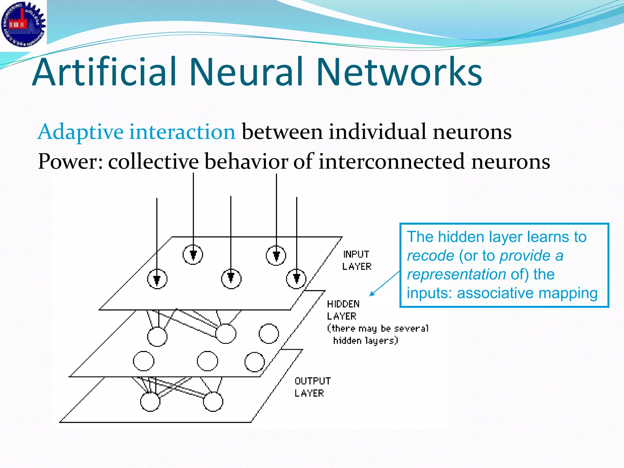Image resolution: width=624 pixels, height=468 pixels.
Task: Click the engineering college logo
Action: click(23, 24)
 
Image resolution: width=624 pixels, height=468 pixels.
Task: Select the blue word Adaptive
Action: click(80, 132)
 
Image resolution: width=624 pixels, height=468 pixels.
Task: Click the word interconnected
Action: click(392, 161)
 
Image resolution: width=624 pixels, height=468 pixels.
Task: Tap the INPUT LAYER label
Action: click(357, 260)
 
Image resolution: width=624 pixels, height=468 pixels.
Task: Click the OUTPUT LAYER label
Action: click(312, 387)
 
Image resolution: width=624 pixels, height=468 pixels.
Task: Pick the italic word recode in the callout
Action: click(431, 256)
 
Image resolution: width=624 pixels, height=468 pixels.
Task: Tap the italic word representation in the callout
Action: click(456, 274)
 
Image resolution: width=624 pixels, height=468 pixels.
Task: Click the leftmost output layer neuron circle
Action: click(150, 402)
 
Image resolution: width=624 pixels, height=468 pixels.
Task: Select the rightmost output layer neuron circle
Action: click(213, 402)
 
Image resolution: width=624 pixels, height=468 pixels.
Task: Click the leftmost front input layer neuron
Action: click(157, 279)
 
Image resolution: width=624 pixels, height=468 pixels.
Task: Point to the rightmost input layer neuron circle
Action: click(296, 279)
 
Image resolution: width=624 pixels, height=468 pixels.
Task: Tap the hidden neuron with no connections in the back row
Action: click(268, 334)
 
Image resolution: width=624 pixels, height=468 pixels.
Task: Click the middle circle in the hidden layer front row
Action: click(207, 361)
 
